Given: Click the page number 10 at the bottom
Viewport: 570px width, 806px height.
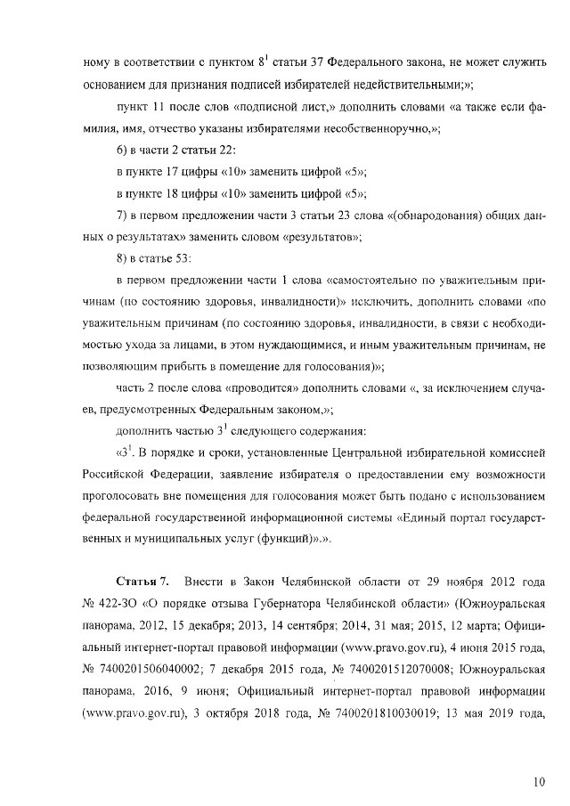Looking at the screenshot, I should coord(539,782).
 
